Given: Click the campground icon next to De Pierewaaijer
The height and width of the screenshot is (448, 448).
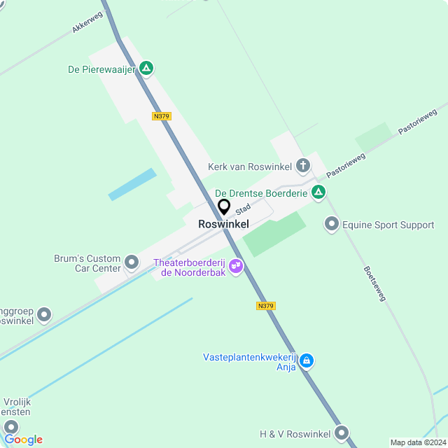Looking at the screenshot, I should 146,68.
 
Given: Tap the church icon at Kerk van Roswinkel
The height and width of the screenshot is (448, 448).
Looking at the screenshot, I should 302,166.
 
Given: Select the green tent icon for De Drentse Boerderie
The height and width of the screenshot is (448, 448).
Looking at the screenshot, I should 318,192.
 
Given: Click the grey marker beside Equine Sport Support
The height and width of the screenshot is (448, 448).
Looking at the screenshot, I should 331,225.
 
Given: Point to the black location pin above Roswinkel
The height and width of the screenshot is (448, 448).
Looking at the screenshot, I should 224,207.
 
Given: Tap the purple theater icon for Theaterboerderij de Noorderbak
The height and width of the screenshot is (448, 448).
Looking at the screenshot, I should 236,265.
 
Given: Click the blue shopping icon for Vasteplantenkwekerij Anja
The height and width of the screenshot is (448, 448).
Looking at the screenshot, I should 307,360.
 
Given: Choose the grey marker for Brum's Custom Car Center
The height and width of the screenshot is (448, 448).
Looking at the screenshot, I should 132,263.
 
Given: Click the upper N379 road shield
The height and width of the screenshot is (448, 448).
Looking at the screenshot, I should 161,116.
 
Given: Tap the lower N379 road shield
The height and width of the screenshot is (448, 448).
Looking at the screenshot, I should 265,306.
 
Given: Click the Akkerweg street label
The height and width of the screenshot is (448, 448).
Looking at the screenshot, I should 87,23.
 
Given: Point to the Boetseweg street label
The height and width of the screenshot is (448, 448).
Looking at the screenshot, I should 374,283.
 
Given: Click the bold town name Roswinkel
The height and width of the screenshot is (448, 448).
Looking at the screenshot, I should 223,224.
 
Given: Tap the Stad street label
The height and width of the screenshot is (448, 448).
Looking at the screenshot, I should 243,209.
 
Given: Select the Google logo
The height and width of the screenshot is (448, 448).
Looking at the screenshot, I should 23,439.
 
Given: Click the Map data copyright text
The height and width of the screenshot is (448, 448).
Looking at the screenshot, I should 417,442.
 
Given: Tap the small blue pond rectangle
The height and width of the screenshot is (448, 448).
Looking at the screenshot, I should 132,184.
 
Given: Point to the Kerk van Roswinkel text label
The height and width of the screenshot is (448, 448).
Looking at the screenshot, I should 250,167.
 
